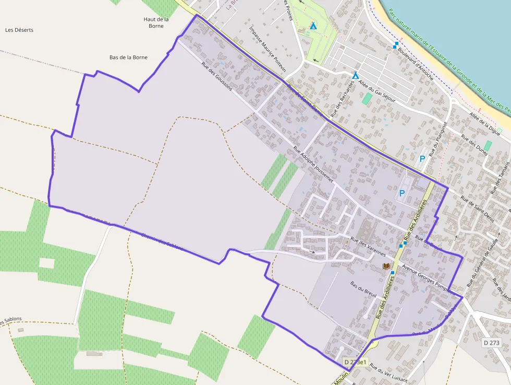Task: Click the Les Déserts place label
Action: click(19, 30)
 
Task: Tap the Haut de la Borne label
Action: click(156, 22)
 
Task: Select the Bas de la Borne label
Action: click(128, 57)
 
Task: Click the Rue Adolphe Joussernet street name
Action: click(313, 164)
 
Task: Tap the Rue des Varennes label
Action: click(368, 247)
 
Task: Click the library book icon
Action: click(386, 266)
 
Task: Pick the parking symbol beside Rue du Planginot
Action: click(422, 158)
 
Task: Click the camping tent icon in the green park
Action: click(313, 26)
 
